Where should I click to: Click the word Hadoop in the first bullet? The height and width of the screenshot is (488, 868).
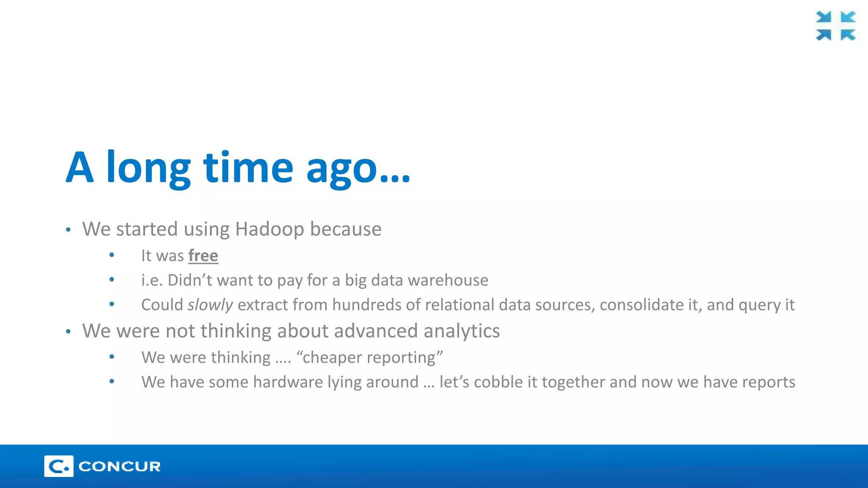click(270, 229)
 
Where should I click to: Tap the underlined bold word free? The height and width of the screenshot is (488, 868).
click(203, 256)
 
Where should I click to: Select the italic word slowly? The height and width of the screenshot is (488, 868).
click(210, 305)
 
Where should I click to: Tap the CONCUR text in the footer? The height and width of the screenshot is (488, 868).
click(120, 466)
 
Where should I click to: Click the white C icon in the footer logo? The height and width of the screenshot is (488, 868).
click(58, 466)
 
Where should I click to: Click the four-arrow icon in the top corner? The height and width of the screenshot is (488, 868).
click(835, 26)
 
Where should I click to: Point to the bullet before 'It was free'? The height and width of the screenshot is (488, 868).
click(112, 255)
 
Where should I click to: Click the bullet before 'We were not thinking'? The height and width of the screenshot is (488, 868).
click(68, 332)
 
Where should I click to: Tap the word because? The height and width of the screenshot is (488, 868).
click(345, 229)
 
